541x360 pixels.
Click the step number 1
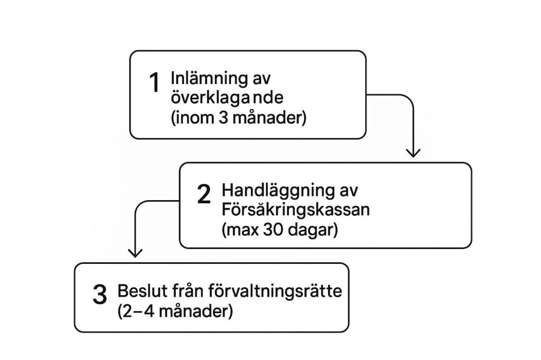pyautogui.click(x=154, y=82)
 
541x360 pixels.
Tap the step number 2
pyautogui.click(x=203, y=194)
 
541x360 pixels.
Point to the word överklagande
pyautogui.click(x=227, y=98)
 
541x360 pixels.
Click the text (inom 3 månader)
pyautogui.click(x=238, y=118)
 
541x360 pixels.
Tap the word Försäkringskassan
pyautogui.click(x=296, y=210)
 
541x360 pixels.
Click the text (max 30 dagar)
pyautogui.click(x=280, y=230)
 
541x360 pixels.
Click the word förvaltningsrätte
pyautogui.click(x=275, y=291)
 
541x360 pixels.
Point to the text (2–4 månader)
pyautogui.click(x=175, y=311)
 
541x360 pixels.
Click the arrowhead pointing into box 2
pyautogui.click(x=413, y=153)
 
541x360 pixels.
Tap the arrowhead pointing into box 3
pyautogui.click(x=135, y=253)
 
